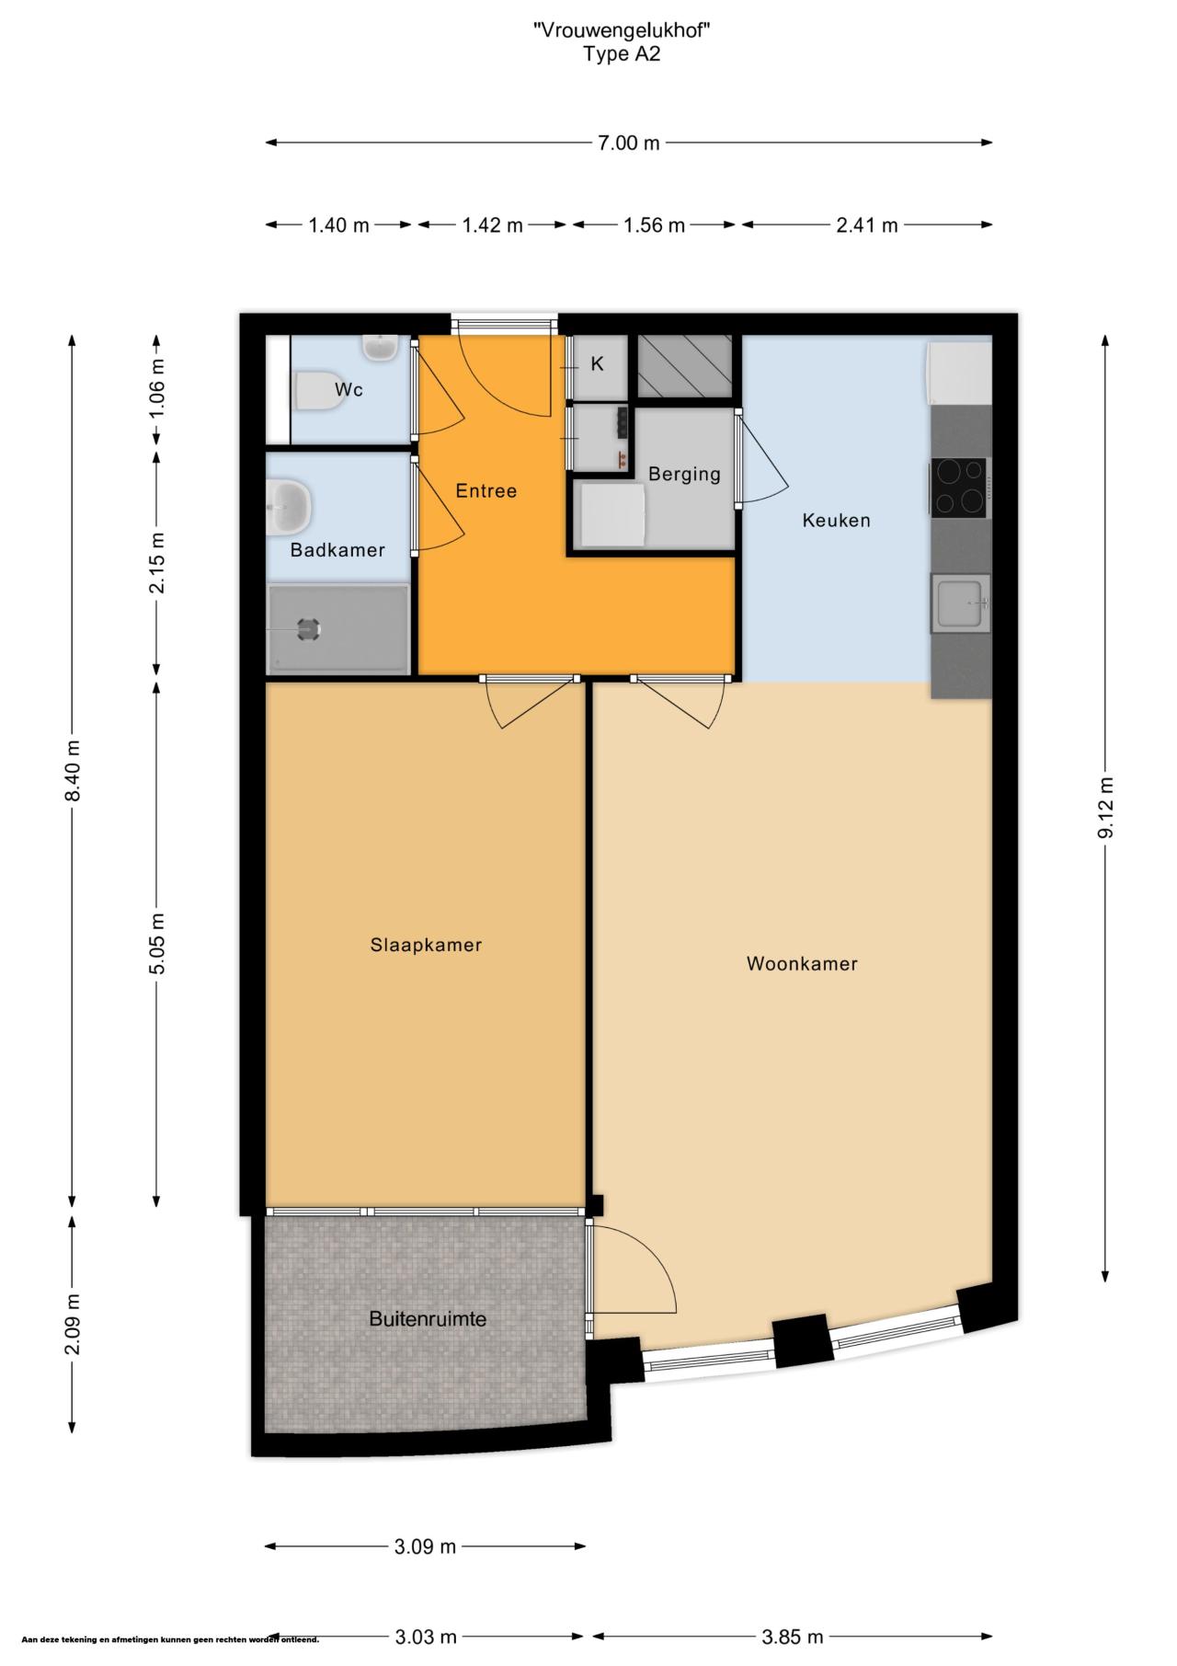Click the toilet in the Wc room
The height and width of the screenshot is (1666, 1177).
tap(314, 390)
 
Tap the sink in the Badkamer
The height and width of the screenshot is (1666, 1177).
tap(290, 505)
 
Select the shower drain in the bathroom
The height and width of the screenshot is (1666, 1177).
tap(307, 629)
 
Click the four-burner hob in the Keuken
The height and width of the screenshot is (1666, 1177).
tap(958, 486)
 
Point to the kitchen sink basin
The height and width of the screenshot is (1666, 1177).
tap(959, 603)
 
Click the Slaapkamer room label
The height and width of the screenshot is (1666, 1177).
tap(427, 945)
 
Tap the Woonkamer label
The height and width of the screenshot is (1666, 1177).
tap(802, 964)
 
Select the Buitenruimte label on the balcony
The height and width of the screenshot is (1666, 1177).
tap(428, 1318)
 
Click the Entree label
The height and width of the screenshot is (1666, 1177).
tap(486, 490)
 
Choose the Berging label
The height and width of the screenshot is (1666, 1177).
tap(684, 475)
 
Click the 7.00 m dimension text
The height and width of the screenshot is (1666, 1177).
tap(629, 143)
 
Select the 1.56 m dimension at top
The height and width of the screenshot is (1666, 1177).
tap(654, 224)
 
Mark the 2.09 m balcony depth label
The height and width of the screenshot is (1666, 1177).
tap(73, 1323)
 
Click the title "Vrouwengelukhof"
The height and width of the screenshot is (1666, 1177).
tap(623, 30)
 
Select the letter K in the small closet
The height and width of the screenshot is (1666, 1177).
tap(597, 364)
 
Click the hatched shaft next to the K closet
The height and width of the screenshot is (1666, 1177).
tap(685, 365)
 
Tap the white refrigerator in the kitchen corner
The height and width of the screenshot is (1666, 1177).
tap(959, 372)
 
